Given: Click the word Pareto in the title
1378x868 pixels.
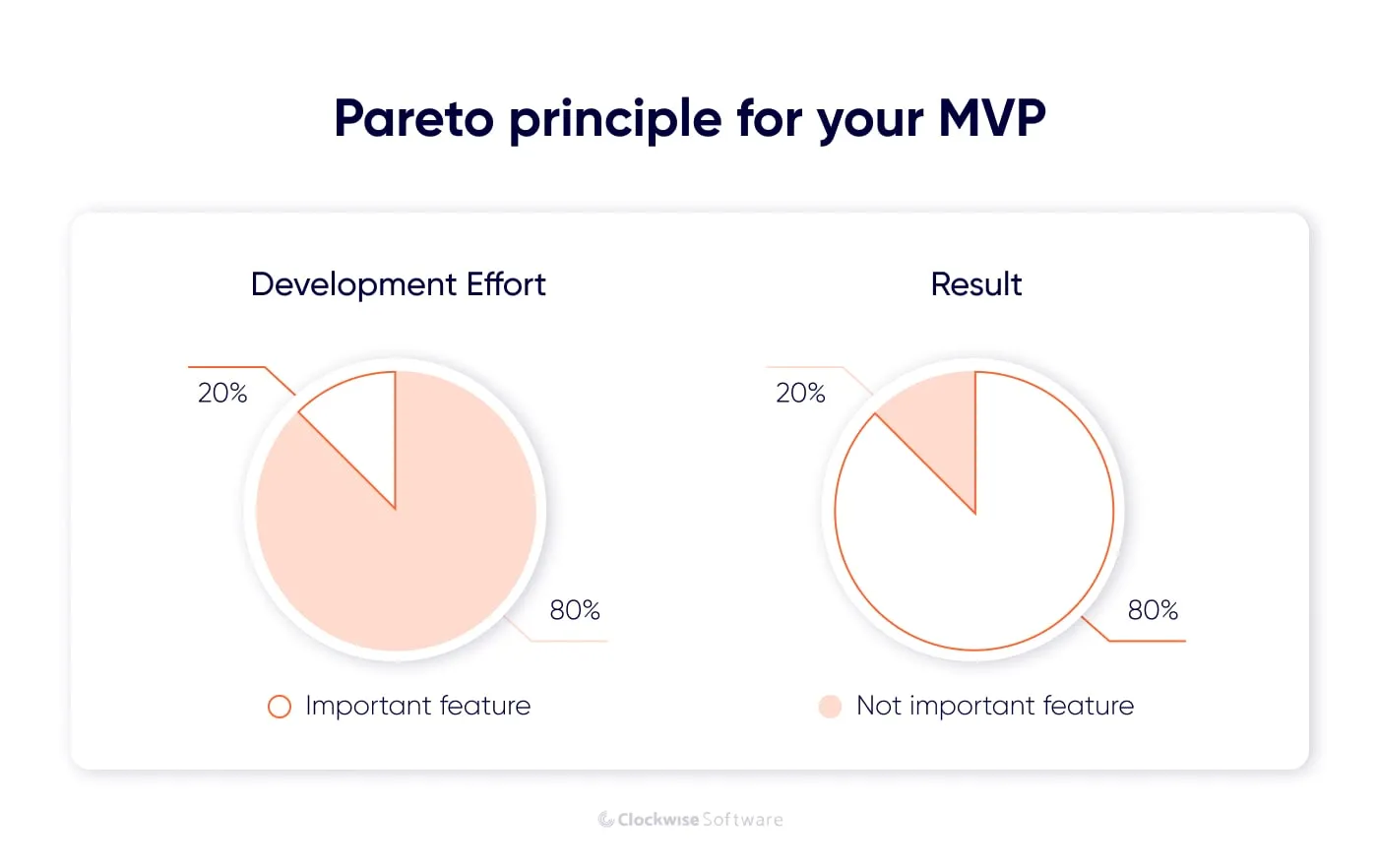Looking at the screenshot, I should (x=413, y=119).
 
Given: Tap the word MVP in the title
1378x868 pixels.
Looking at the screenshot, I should (x=991, y=119).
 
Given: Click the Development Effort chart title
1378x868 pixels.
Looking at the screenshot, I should (x=398, y=284).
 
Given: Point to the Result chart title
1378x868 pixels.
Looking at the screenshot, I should (x=975, y=284).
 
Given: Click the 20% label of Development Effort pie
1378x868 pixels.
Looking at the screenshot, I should (x=222, y=394).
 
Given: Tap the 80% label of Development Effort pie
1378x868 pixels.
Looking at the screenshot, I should (x=575, y=610).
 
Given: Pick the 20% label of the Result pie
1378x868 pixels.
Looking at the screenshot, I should (x=800, y=394).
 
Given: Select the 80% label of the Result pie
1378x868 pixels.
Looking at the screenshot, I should (x=1153, y=610).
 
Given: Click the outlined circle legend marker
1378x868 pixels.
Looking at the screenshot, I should (x=280, y=707).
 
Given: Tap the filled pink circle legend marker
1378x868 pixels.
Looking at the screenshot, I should (x=830, y=707).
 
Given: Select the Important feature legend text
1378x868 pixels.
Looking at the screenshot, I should (x=417, y=706).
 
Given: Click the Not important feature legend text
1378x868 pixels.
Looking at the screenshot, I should (x=994, y=706).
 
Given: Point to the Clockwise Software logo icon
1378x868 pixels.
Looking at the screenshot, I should (x=605, y=820).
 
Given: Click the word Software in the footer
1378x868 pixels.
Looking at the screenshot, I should (x=742, y=820).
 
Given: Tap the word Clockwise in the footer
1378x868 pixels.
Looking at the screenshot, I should (x=658, y=820).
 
